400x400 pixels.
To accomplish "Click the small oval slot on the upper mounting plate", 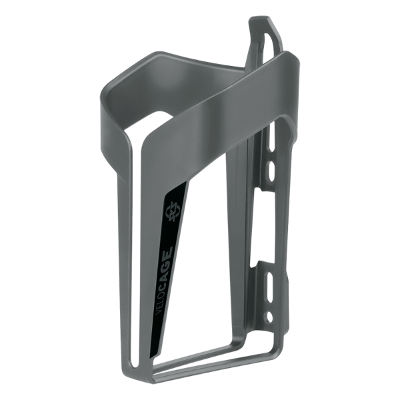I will pos(271,171).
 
